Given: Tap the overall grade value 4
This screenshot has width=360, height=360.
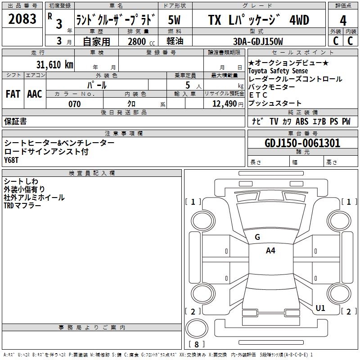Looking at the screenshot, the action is [x=343, y=20].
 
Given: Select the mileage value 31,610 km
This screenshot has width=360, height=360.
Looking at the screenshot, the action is [x=54, y=64].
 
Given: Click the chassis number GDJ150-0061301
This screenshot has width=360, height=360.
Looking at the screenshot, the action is [x=302, y=143].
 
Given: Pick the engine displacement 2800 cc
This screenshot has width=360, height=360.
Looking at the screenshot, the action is [x=139, y=41].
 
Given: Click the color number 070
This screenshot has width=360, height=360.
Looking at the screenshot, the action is [x=74, y=104].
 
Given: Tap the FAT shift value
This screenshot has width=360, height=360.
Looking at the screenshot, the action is [x=13, y=94].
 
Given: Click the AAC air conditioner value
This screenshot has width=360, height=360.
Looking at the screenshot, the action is [x=34, y=94].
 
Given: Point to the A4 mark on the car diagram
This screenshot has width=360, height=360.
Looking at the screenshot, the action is [x=270, y=251].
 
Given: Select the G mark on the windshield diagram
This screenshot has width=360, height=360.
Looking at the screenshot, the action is [x=257, y=237].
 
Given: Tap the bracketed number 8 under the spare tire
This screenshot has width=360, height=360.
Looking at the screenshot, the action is [x=197, y=344].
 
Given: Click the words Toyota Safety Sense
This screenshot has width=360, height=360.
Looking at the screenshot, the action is [x=278, y=71].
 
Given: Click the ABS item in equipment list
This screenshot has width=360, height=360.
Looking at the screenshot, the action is [x=302, y=121].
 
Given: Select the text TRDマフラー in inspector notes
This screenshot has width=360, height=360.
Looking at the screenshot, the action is [x=22, y=205].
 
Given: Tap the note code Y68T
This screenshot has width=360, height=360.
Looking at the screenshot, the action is [x=12, y=160].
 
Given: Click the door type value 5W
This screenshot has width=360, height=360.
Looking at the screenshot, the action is [x=175, y=20].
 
